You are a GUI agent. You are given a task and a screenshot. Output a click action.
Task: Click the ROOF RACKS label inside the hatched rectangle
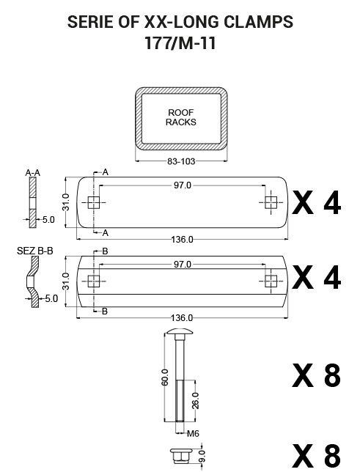(x=180, y=117)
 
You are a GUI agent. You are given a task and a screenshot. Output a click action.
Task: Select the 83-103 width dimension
(x=180, y=160)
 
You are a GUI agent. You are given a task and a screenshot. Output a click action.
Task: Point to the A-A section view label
(x=32, y=173)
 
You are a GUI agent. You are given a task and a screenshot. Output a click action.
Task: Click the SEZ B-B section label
(x=34, y=251)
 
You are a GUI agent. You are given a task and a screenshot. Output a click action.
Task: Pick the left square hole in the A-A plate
(x=93, y=202)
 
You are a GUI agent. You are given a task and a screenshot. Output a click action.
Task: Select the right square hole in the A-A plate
(x=271, y=202)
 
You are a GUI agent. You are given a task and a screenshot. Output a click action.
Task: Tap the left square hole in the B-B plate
(x=93, y=281)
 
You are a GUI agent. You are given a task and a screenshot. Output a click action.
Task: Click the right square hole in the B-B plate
(x=271, y=281)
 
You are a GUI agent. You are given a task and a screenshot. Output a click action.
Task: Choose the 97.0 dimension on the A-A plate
(x=182, y=185)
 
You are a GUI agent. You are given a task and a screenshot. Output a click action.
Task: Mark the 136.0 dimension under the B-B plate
(x=182, y=317)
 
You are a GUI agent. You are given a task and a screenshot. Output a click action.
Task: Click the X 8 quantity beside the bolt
(x=317, y=376)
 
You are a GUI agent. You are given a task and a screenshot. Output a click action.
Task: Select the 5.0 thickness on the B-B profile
(x=51, y=298)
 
